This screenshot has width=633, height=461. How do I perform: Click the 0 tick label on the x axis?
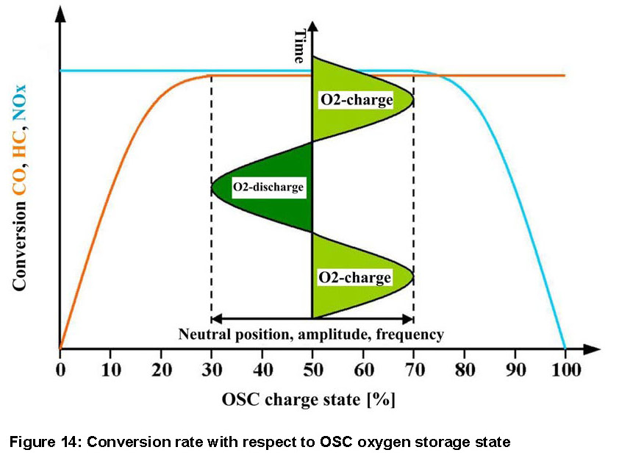coord(60,368)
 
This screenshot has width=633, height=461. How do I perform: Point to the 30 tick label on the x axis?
coord(212,368)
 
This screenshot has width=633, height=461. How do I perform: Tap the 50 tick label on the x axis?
coord(312,368)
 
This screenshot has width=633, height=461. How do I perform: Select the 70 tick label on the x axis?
coord(413,368)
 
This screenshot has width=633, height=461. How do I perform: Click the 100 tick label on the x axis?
coord(565,368)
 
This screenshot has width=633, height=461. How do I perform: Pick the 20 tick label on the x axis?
coord(161,368)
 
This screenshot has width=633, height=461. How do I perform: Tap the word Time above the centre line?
coord(299,46)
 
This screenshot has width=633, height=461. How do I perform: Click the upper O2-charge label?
coord(355,99)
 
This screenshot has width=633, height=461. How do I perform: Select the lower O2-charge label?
coord(354,278)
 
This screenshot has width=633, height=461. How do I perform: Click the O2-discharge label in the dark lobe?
coord(268,187)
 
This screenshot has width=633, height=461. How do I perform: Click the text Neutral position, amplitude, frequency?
coord(311,335)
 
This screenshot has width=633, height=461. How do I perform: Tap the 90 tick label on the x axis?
coord(514,368)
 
